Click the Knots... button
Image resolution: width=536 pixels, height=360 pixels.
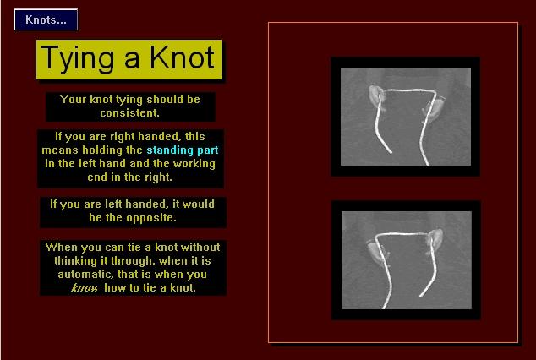click(x=46, y=19)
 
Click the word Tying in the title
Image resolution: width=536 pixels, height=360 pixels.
click(x=77, y=59)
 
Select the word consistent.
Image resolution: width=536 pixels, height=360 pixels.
click(x=129, y=112)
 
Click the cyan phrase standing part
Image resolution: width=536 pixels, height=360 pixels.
click(x=183, y=150)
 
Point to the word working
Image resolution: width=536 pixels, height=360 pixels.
click(x=194, y=164)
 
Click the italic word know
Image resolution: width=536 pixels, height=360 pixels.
click(x=85, y=288)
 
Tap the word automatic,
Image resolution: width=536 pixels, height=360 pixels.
click(x=85, y=275)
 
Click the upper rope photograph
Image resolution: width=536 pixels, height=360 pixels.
click(x=406, y=117)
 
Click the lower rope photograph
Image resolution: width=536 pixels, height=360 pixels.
click(x=407, y=260)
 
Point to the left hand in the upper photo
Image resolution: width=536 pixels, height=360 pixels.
click(x=376, y=96)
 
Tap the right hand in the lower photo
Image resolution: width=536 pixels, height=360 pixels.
click(x=435, y=240)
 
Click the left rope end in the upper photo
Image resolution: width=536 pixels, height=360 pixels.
click(x=391, y=151)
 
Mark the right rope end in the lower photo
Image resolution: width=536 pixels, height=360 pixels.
click(x=421, y=296)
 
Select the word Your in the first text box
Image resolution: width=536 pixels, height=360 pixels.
click(x=74, y=99)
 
